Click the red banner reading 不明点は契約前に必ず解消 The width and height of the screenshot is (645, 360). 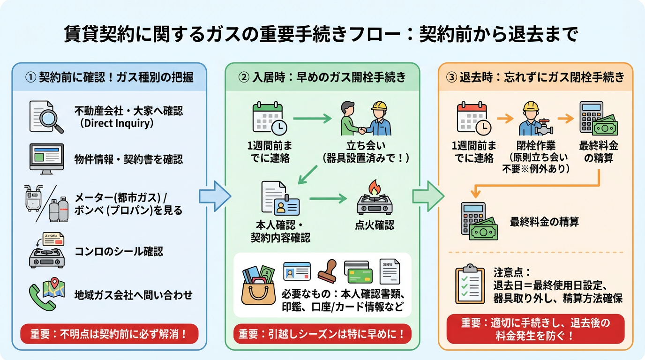pyautogui.click(x=109, y=335)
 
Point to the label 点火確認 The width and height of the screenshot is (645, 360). pyautogui.click(x=374, y=225)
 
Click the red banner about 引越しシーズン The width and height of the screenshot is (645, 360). pyautogui.click(x=322, y=335)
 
